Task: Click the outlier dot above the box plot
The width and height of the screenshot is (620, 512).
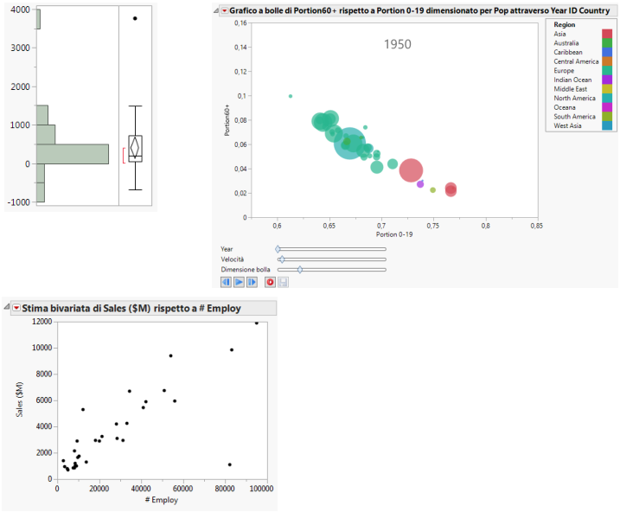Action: [x=135, y=18]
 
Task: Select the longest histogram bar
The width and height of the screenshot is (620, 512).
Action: [x=73, y=153]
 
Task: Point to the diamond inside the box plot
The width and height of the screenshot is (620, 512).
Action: [x=135, y=147]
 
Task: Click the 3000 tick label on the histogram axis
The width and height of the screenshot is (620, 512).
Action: [x=19, y=48]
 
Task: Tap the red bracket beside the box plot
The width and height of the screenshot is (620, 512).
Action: [x=125, y=155]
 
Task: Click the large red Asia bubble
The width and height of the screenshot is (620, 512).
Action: [x=411, y=170]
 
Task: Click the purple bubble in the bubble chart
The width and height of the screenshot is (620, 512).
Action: [x=420, y=184]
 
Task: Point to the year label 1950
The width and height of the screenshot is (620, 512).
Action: [x=398, y=44]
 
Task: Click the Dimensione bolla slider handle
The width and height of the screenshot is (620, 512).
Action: [x=300, y=269]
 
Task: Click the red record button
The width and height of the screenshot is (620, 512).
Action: [x=270, y=282]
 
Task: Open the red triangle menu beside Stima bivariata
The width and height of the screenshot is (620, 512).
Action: [x=16, y=308]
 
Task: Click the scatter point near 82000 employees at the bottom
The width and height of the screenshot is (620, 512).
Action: [x=229, y=464]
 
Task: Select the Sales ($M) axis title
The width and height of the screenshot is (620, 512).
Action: [x=19, y=400]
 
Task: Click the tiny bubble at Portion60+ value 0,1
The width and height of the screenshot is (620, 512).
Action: [x=291, y=96]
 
